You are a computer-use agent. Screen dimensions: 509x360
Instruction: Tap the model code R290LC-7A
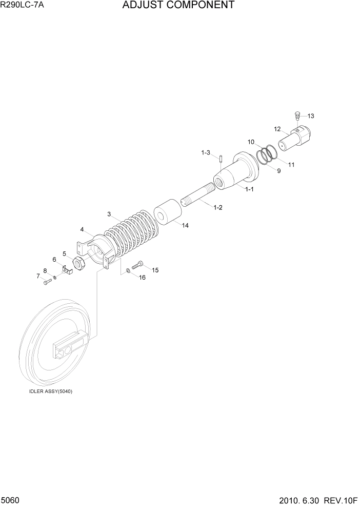[23, 6]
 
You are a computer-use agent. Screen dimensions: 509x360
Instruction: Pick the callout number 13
[310, 116]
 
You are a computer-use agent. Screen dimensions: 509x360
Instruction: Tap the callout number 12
[277, 129]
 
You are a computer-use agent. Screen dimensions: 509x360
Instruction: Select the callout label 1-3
[206, 152]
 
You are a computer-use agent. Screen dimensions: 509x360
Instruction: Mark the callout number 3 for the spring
[109, 214]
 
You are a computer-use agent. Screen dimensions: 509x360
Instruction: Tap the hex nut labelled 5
[79, 264]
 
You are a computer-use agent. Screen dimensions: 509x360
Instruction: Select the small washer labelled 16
[128, 270]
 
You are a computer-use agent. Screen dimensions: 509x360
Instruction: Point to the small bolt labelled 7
[47, 281]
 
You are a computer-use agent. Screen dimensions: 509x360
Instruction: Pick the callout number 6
[54, 260]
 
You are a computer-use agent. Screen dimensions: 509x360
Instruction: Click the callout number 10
[251, 142]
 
